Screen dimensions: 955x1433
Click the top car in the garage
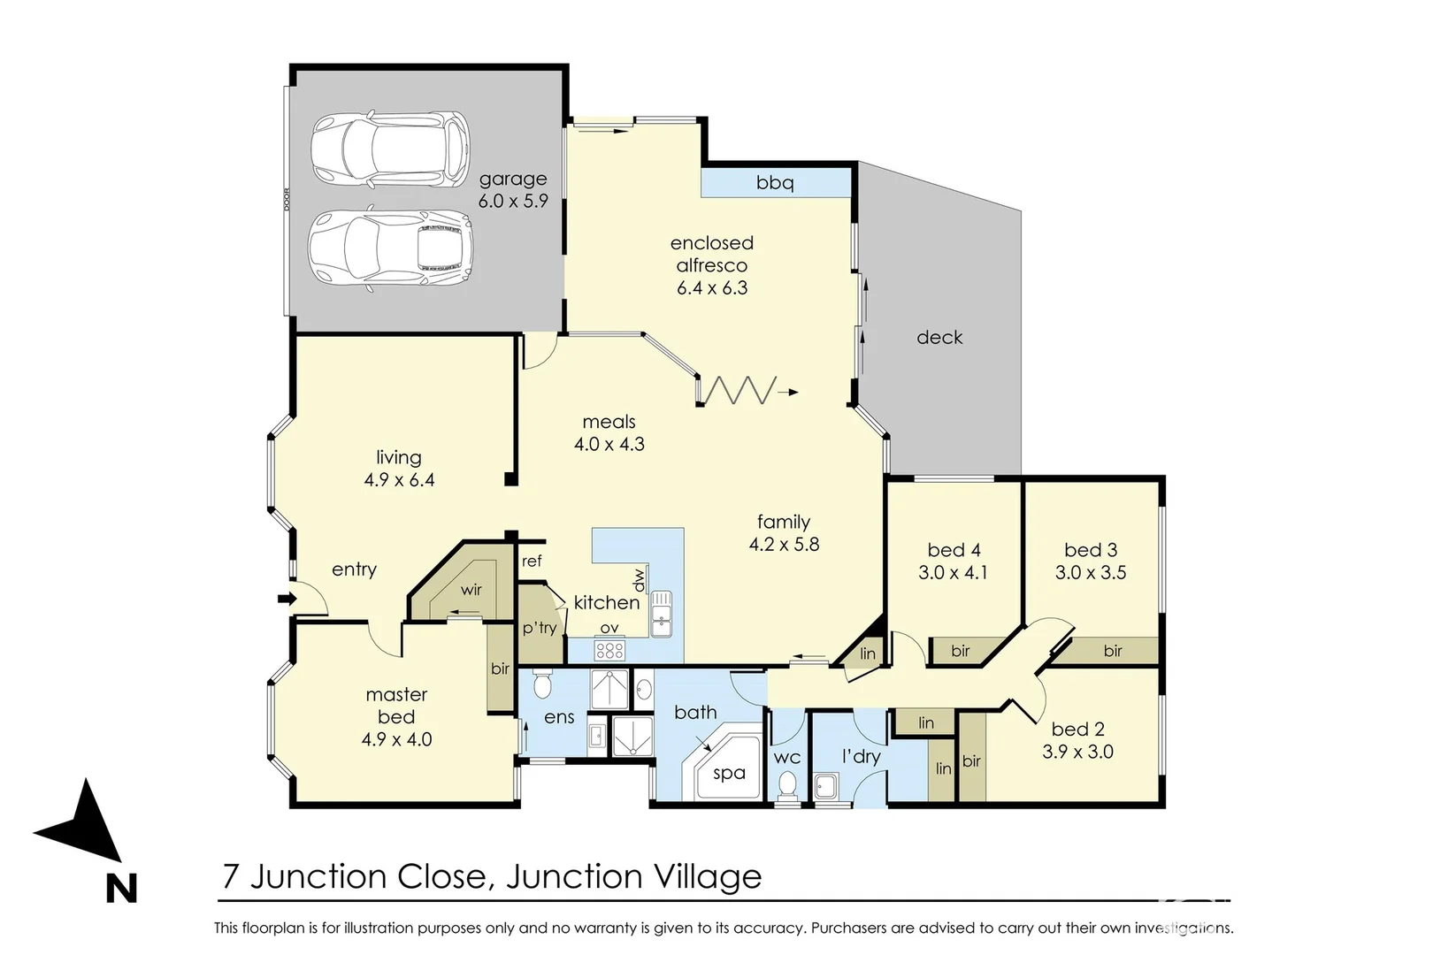coord(390,149)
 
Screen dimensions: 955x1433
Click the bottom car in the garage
coord(390,247)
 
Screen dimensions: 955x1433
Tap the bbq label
coord(775,183)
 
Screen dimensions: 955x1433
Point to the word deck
coord(939,338)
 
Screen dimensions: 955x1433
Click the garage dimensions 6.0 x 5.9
coord(513,202)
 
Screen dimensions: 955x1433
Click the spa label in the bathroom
coord(729,774)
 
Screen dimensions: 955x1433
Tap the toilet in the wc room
coord(786,785)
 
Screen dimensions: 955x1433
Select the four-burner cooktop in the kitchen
coord(609,651)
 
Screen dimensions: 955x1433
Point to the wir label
coord(471,590)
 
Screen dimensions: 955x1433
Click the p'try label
coord(539,628)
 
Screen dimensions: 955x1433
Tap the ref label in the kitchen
coord(532,562)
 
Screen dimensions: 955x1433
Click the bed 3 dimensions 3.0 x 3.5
coord(1091,573)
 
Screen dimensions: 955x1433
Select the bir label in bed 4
coord(961,651)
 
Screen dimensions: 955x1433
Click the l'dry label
coord(861,757)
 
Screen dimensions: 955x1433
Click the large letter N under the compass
coord(121,888)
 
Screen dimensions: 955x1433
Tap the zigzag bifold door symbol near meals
coord(737,390)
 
